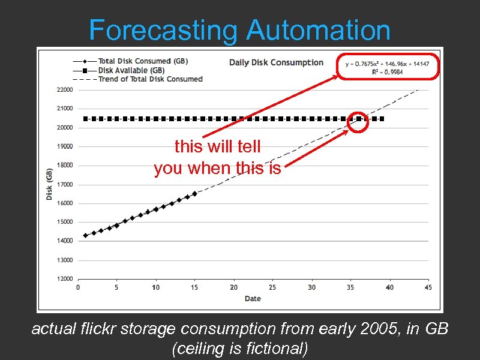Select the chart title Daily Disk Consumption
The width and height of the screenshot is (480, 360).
tap(276, 62)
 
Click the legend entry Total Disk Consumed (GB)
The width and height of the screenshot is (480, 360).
tap(143, 61)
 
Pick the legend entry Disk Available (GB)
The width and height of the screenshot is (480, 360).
tap(131, 70)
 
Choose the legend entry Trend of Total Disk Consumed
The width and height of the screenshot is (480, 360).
tap(150, 79)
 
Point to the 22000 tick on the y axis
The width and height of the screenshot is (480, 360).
tap(64, 90)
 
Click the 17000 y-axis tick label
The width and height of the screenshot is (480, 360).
tap(64, 184)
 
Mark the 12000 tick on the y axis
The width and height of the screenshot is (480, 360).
tap(64, 279)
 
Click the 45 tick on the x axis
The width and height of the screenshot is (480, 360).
tap(428, 287)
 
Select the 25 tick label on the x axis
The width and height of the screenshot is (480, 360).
tap(272, 287)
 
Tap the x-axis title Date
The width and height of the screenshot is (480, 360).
tap(253, 298)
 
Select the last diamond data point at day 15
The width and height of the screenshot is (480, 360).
tap(194, 193)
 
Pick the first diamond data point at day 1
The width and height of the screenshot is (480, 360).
tap(86, 235)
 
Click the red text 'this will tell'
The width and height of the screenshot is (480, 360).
tap(217, 146)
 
